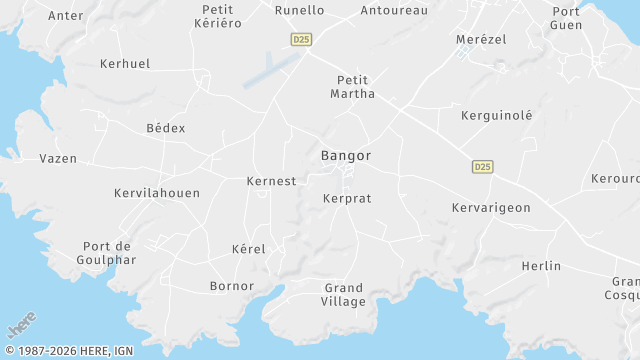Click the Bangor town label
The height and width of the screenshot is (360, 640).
click(346, 156)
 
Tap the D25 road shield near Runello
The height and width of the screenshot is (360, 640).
click(301, 39)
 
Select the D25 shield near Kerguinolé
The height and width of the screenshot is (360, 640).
click(483, 166)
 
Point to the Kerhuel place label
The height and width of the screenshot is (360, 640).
click(125, 63)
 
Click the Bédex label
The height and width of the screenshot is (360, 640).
click(166, 128)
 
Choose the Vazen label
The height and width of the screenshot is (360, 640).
click(58, 158)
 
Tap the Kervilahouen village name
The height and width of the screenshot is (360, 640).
click(157, 193)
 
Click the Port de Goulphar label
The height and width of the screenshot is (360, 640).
click(109, 253)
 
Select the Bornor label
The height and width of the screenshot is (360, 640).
click(231, 286)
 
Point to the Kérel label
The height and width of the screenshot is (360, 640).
click(248, 248)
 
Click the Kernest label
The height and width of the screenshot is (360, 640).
click(271, 181)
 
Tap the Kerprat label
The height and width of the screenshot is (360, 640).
click(347, 198)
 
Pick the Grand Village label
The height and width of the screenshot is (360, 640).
click(344, 294)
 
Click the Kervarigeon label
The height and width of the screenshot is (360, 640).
click(491, 207)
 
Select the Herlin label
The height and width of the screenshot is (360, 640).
click(541, 266)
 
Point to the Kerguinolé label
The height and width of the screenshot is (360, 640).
click(497, 115)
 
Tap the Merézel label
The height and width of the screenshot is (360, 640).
click(481, 37)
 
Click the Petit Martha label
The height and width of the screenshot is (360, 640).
click(353, 87)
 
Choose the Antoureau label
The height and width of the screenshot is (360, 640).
click(394, 10)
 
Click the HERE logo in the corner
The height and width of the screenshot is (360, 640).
click(22, 327)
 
